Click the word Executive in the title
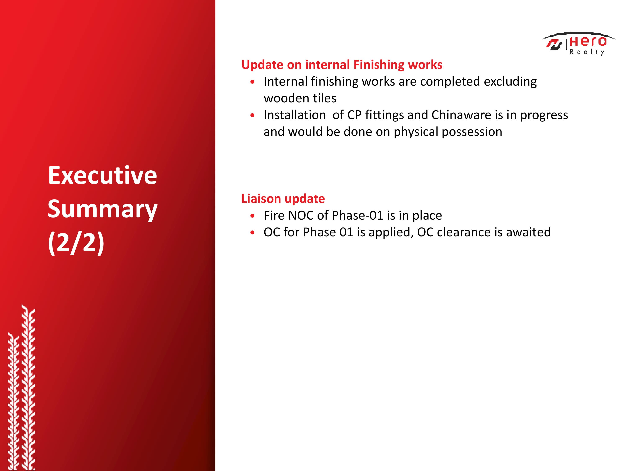[102, 175]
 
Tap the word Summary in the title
[103, 210]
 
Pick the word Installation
[295, 115]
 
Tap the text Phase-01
[358, 215]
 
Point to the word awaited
[528, 232]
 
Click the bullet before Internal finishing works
[252, 82]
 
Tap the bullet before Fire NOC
[252, 216]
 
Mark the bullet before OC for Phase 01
[252, 233]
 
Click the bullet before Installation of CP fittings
[252, 116]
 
